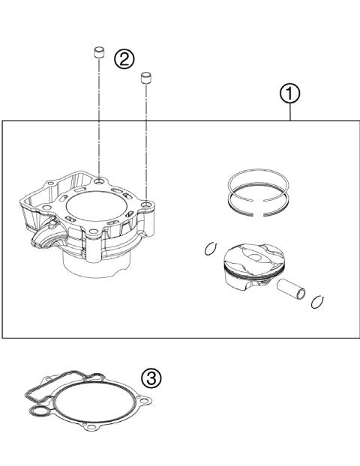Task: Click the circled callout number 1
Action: (290, 94)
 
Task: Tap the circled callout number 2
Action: (124, 58)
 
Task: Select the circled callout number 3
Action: (151, 378)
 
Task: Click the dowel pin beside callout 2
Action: (97, 53)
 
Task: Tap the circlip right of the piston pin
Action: (317, 300)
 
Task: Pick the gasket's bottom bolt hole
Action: (89, 428)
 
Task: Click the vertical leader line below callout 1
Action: (290, 112)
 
